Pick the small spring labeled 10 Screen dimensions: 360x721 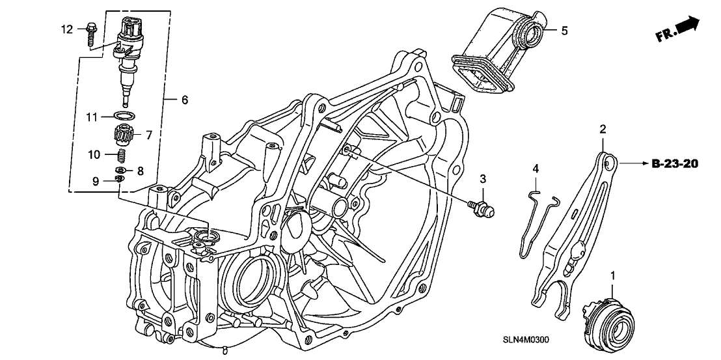[x=122, y=157]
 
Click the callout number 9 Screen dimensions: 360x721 [x=96, y=181]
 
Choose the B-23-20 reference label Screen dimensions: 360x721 [x=674, y=164]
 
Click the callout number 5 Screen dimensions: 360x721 [x=564, y=30]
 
